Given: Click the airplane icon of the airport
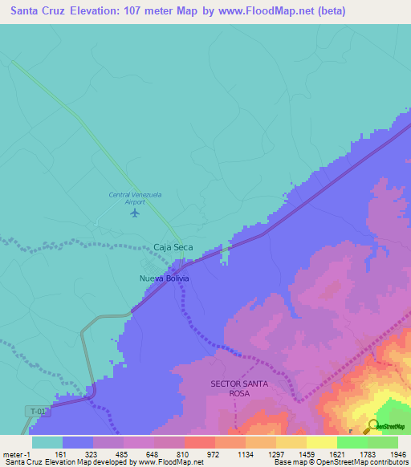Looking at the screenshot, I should click(x=134, y=213).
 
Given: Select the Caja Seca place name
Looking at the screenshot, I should click(x=173, y=247).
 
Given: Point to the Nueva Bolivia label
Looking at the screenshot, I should click(x=165, y=278).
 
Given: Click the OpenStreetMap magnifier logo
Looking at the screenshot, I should click(x=372, y=427).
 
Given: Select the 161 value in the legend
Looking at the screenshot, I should click(x=62, y=453).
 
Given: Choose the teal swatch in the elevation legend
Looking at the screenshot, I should click(x=47, y=442).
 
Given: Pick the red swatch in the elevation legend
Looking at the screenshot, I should click(x=199, y=442).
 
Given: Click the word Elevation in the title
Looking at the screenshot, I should click(x=96, y=11).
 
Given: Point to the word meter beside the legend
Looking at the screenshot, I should click(x=12, y=453).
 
